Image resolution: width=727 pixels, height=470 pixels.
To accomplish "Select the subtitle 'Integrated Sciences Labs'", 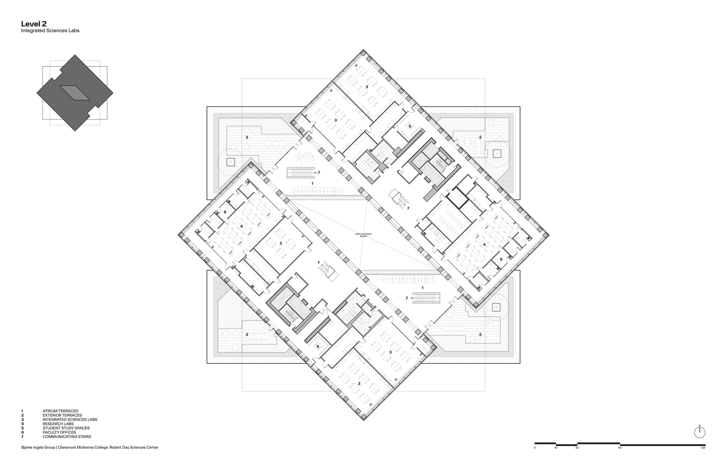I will pos(50,31).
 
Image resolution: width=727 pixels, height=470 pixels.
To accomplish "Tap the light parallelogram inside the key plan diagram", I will pos(75,93).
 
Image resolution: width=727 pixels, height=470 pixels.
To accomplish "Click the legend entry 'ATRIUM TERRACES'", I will pos(60,411).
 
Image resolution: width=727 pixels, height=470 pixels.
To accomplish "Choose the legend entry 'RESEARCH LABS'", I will pos(58,424).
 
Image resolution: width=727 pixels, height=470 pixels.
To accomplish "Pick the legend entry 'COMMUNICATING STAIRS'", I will pos(67,437).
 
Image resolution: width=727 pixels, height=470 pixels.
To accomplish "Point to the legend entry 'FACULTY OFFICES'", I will pos(59,432).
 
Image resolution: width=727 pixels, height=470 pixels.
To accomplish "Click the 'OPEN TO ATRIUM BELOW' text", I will pos(363,235).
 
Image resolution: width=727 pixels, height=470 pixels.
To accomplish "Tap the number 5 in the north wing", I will pos(410,126).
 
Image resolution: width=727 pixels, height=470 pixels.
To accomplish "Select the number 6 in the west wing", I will pos(225,212).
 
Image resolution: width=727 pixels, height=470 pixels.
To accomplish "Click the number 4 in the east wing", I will pos(484,245).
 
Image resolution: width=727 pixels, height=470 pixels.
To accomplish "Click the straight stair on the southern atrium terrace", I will pos(427,298).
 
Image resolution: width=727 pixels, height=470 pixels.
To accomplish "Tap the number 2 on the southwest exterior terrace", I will pos(247,335).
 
